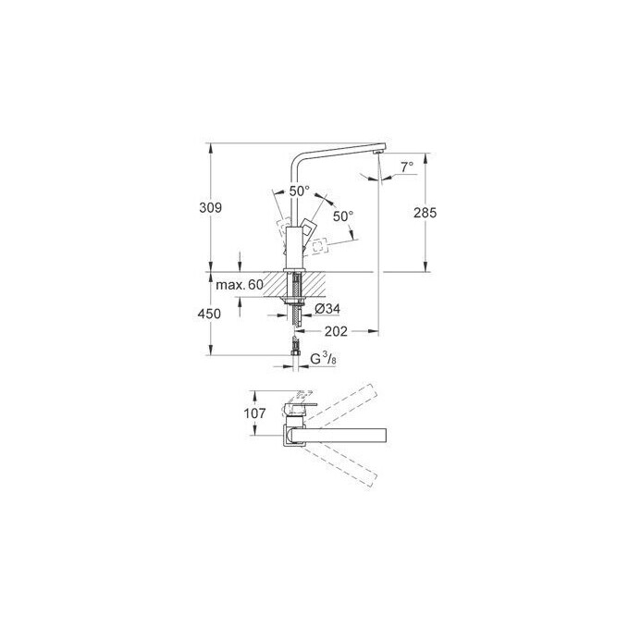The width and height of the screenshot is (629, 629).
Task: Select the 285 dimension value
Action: [x=425, y=213]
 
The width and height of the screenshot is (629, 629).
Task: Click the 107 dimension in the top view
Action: [x=255, y=413]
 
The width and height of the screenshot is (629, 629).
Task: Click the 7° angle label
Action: [x=407, y=167]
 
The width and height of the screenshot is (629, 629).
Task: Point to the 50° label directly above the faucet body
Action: [x=299, y=191]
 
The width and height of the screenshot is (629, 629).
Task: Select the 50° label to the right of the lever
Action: [x=342, y=216]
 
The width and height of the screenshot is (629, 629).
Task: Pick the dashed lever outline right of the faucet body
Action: [x=321, y=246]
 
